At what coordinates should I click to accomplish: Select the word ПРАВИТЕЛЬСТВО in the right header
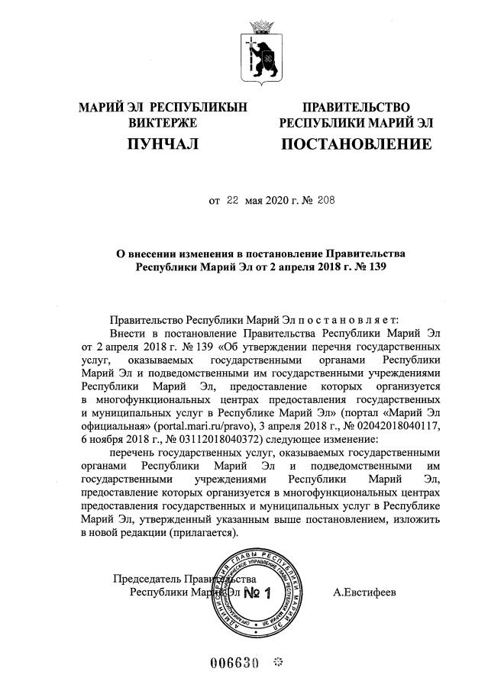pyautogui.click(x=356, y=107)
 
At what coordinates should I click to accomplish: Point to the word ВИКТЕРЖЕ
pyautogui.click(x=163, y=122)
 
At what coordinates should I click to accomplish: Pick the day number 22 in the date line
pyautogui.click(x=232, y=201)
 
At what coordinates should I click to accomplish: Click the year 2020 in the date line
pyautogui.click(x=273, y=201)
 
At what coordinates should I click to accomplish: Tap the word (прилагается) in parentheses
pyautogui.click(x=194, y=533)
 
